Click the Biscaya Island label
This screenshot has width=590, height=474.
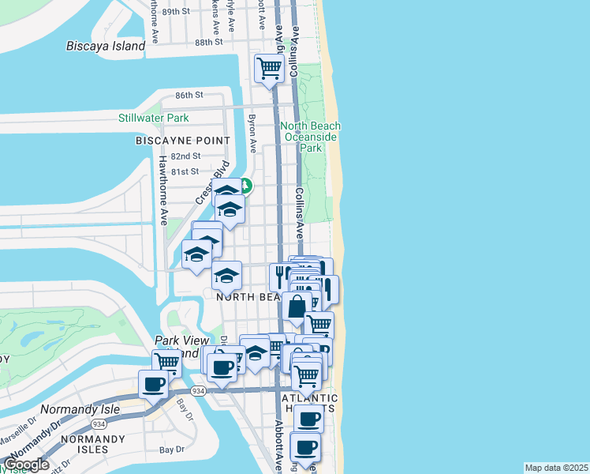(x=106, y=46)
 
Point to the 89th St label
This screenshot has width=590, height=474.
(x=176, y=12)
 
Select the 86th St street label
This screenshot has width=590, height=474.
(x=189, y=95)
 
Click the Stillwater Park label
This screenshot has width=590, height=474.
(x=153, y=118)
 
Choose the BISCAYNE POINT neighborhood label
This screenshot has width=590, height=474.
(x=183, y=141)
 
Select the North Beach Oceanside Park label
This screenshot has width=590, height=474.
(x=312, y=137)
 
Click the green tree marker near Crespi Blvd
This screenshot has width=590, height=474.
(x=245, y=186)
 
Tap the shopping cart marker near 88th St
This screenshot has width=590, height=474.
(x=269, y=69)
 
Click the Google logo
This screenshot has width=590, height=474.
(x=26, y=465)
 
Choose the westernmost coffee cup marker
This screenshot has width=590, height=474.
(x=154, y=386)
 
